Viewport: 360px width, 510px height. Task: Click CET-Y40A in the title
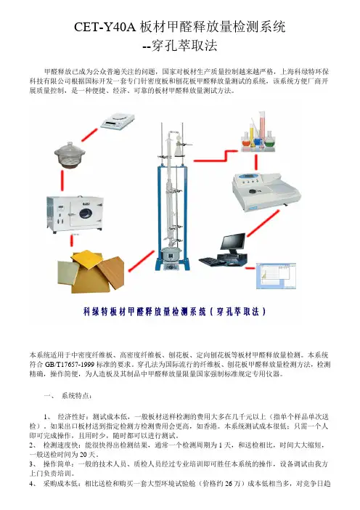coord(105,27)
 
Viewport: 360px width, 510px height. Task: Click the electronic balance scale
coord(118,121)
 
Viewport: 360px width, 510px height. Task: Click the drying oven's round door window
coord(86,214)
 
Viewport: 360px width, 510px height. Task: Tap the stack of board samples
coord(91,271)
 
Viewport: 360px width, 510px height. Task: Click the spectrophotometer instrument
coord(266,191)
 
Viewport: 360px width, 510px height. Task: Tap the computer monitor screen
coord(233,243)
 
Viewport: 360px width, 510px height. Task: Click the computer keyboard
coord(211,262)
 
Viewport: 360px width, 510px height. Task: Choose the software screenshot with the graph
coord(277,276)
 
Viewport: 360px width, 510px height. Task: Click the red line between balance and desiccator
coord(89,135)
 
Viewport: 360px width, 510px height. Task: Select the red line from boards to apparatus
coord(142,262)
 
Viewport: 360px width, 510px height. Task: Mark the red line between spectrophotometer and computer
coord(263,224)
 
